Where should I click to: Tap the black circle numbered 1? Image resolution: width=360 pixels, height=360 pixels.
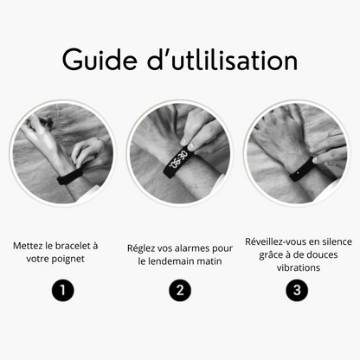tap(61, 291)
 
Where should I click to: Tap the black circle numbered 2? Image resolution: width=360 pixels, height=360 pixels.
tap(180, 291)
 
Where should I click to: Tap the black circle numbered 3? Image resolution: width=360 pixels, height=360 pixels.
tap(298, 291)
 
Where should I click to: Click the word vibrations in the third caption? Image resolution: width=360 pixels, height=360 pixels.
tap(298, 267)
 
